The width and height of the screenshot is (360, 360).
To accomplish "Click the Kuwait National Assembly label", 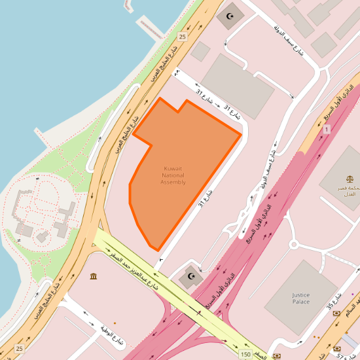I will [173, 175].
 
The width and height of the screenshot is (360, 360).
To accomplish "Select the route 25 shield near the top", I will [182, 37].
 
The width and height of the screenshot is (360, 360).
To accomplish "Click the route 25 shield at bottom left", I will [20, 348].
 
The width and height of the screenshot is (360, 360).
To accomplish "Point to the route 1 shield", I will [325, 131].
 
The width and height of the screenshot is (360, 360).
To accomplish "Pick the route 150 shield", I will [245, 354].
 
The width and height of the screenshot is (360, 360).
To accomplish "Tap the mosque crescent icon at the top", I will [229, 16].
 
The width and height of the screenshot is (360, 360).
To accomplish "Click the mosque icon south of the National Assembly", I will [192, 276].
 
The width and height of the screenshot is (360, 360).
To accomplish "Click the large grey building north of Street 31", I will [237, 86].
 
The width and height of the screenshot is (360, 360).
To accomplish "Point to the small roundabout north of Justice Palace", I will [294, 245].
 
